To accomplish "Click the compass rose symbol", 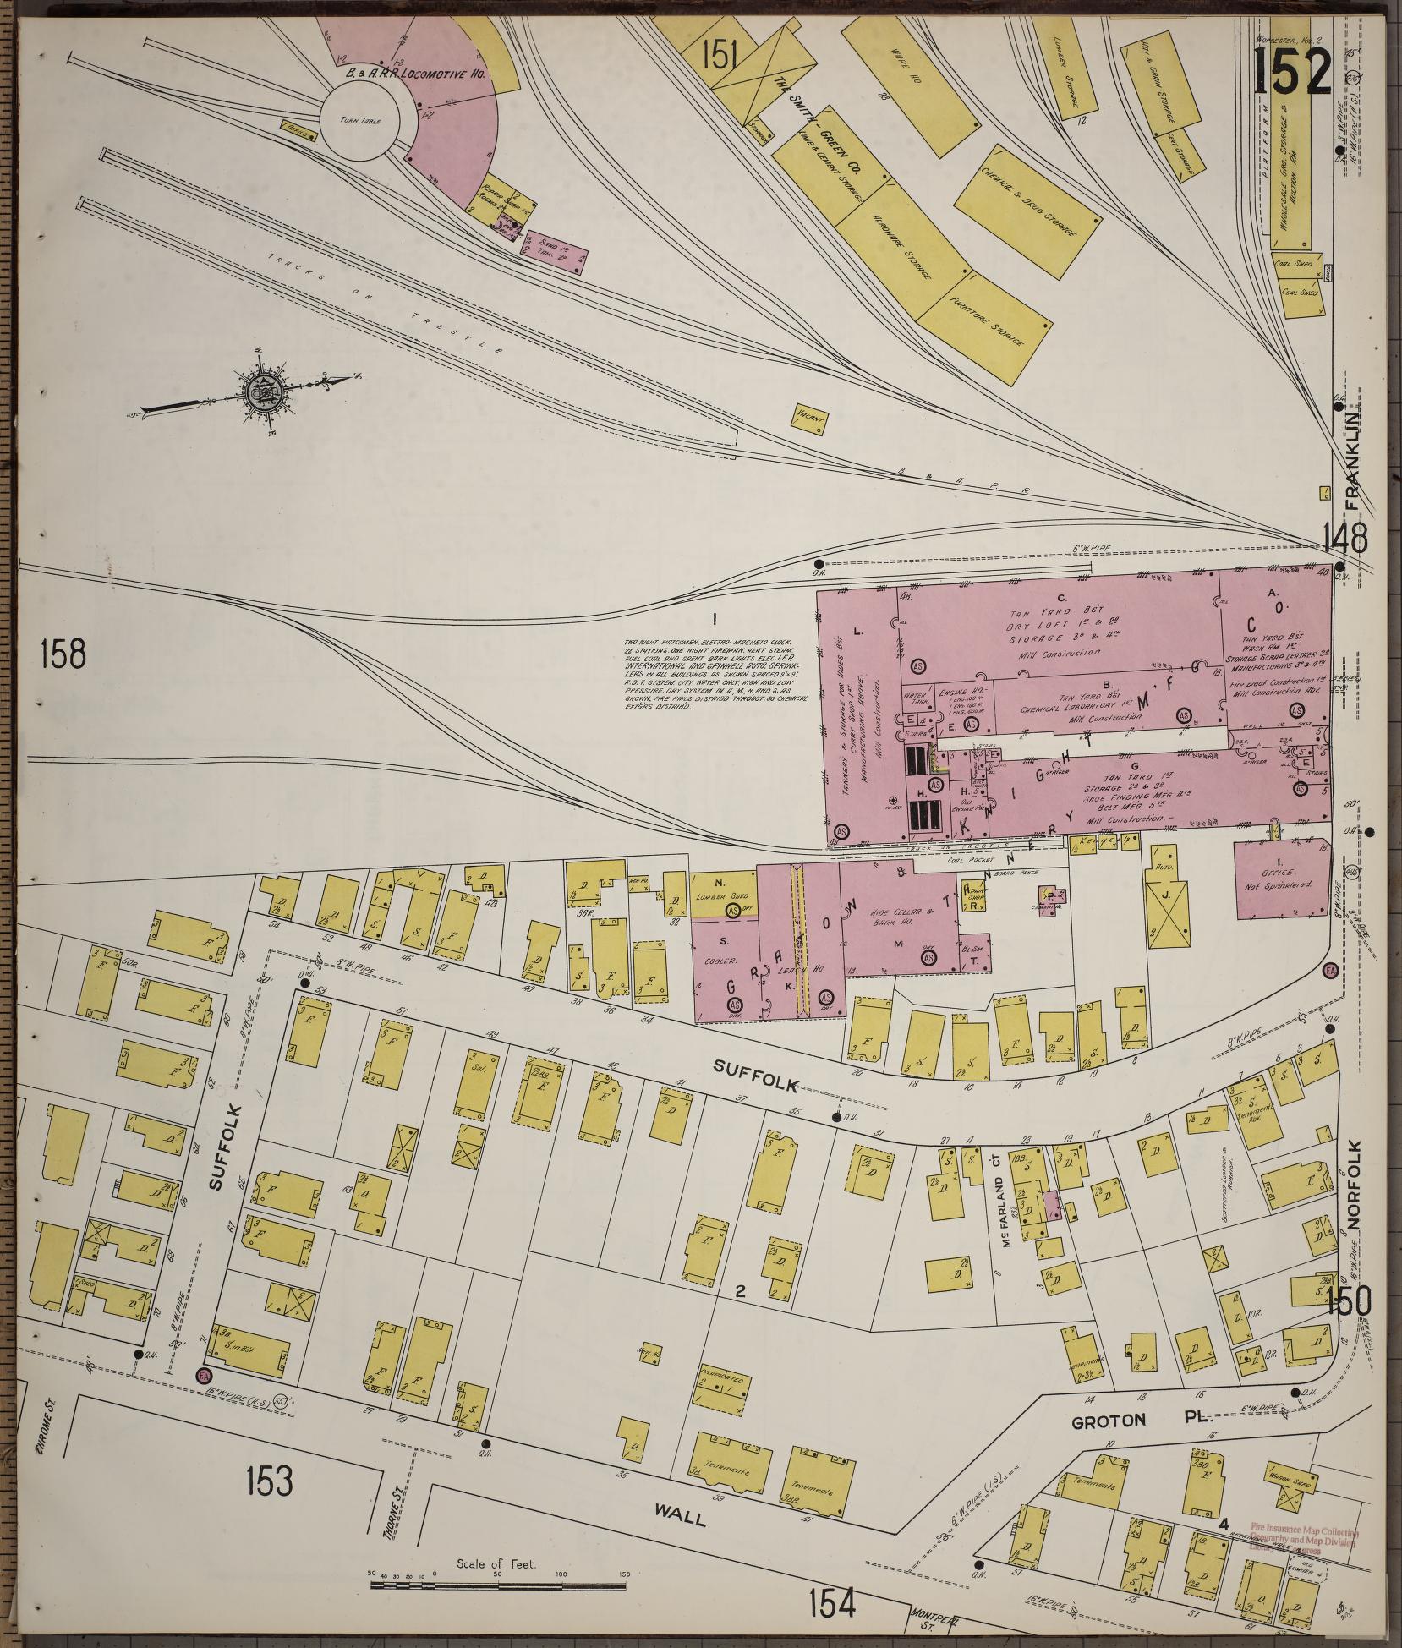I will [260, 391].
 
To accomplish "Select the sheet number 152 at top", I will [1292, 72].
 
